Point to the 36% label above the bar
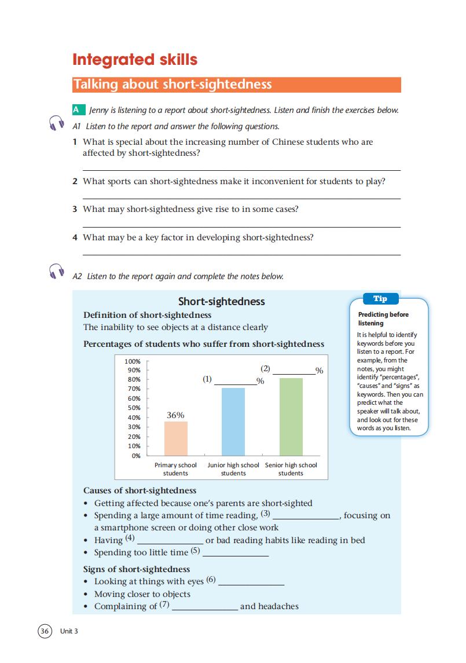coord(175,415)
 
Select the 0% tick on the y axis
coord(136,456)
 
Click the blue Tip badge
coord(380,299)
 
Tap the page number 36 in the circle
coord(45,631)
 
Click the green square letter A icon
coord(76,110)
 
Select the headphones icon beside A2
coord(56,272)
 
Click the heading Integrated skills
coord(135,60)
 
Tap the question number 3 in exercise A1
coord(75,209)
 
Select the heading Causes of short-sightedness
coord(140,490)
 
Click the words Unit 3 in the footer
coord(68,631)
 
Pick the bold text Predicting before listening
coord(383,318)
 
